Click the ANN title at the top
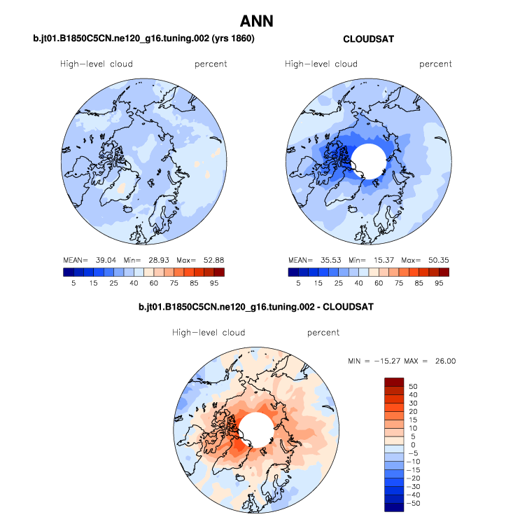pyautogui.click(x=256, y=22)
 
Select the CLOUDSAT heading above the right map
pyautogui.click(x=368, y=39)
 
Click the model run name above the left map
pyautogui.click(x=143, y=39)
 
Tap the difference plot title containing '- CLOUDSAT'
pyautogui.click(x=256, y=307)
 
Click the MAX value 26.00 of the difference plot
pyautogui.click(x=445, y=361)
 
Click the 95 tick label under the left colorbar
pyautogui.click(x=214, y=283)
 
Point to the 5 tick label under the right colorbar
pyautogui.click(x=298, y=283)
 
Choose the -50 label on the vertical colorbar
pyautogui.click(x=414, y=503)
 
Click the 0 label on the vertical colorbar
pyautogui.click(x=413, y=445)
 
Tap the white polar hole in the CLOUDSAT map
pyautogui.click(x=369, y=160)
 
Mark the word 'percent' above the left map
pyautogui.click(x=211, y=64)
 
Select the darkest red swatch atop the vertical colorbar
pyautogui.click(x=394, y=382)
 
